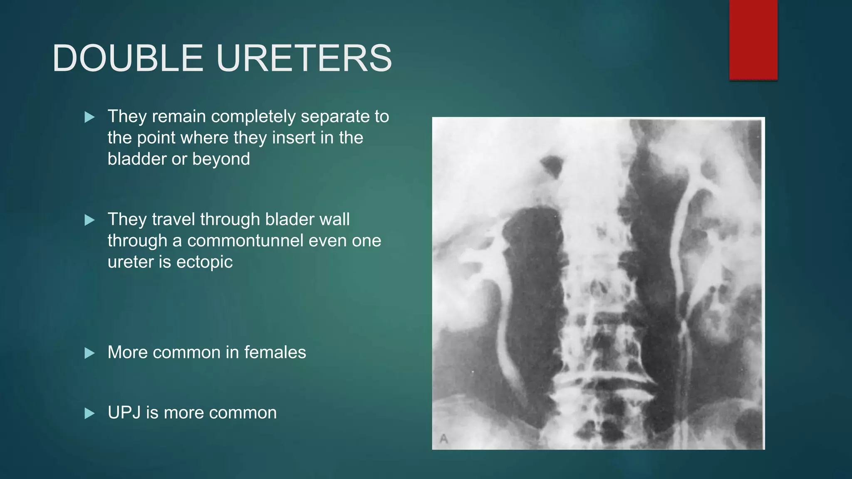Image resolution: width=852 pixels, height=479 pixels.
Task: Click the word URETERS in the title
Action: coord(304,58)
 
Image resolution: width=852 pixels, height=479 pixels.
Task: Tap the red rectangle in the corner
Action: coord(753,40)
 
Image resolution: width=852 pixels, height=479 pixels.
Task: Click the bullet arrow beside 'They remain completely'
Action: coord(89,117)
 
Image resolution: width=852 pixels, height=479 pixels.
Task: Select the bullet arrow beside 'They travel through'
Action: coord(89,220)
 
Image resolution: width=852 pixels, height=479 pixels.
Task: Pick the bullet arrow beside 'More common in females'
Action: coord(89,353)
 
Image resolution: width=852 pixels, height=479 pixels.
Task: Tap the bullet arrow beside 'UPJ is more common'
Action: coord(89,413)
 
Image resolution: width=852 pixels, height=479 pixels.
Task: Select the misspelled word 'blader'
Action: coord(286,220)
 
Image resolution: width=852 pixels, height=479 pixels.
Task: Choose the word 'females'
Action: coord(275,353)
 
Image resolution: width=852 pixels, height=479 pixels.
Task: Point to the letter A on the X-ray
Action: coord(444,439)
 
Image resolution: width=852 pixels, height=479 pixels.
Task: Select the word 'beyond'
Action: coord(221,159)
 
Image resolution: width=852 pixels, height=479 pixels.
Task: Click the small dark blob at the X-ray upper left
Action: coord(552,165)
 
